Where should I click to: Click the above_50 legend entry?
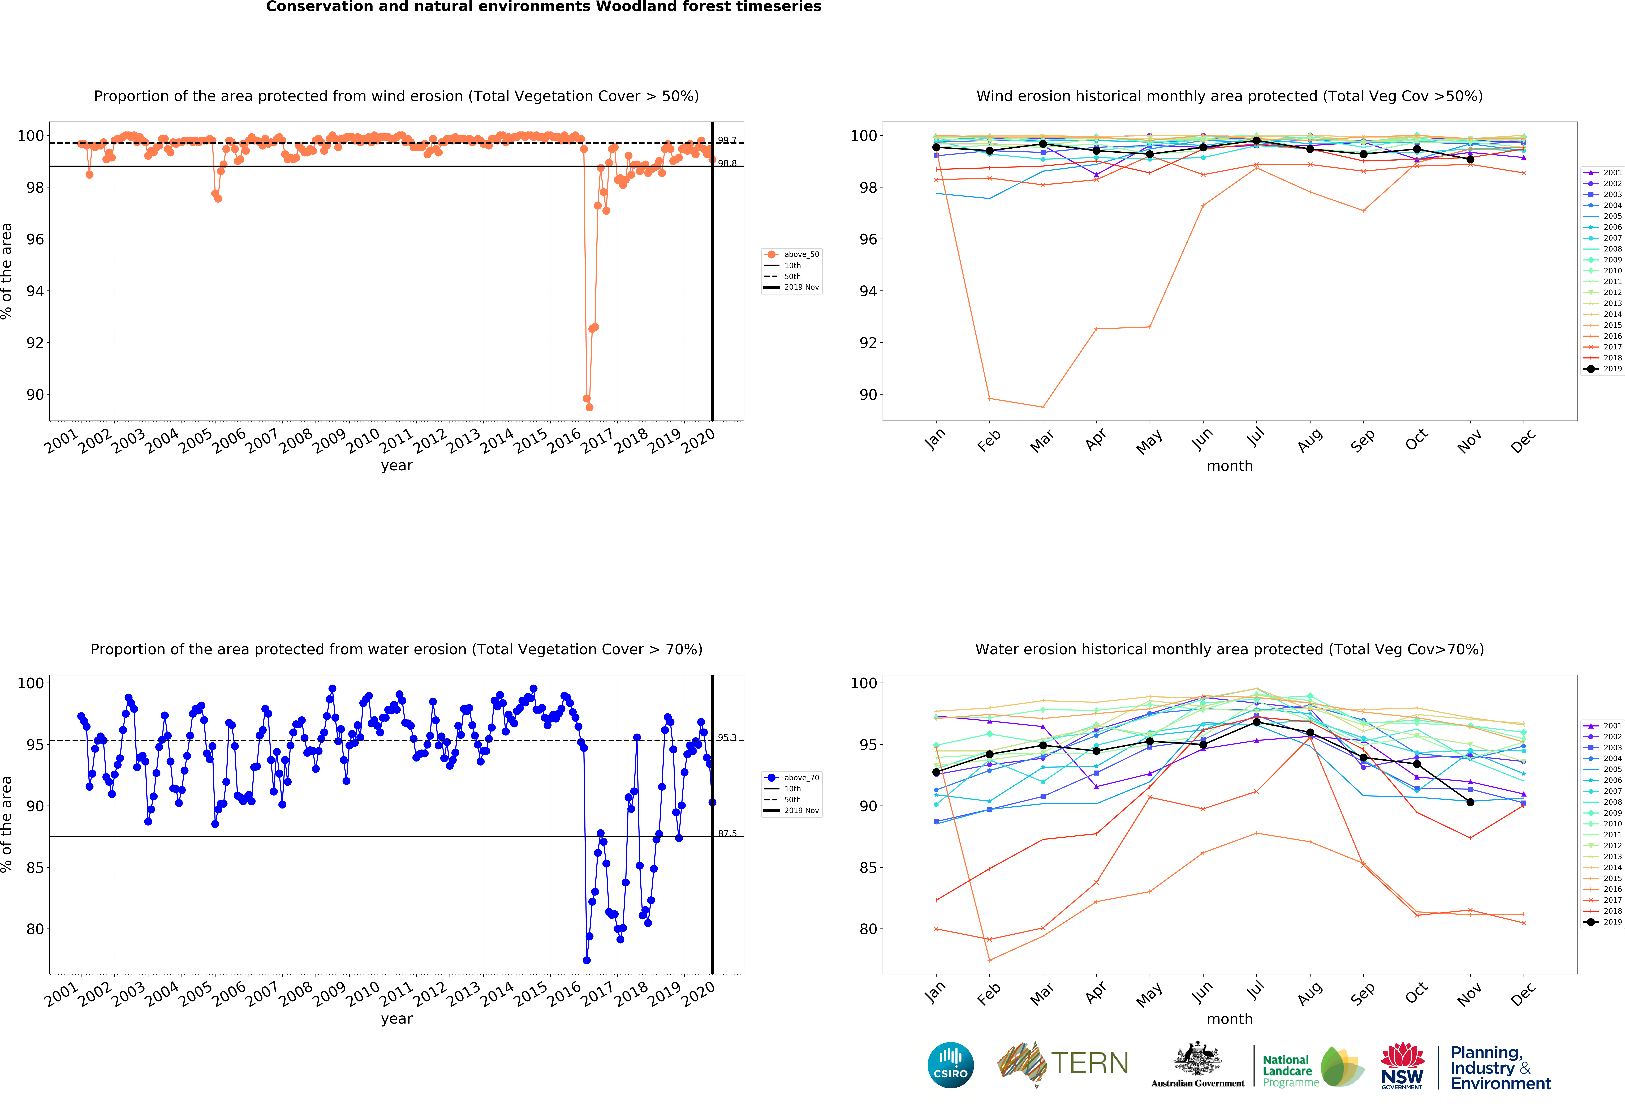point(801,255)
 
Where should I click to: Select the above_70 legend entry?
point(801,778)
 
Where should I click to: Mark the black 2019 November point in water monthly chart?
point(1471,802)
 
